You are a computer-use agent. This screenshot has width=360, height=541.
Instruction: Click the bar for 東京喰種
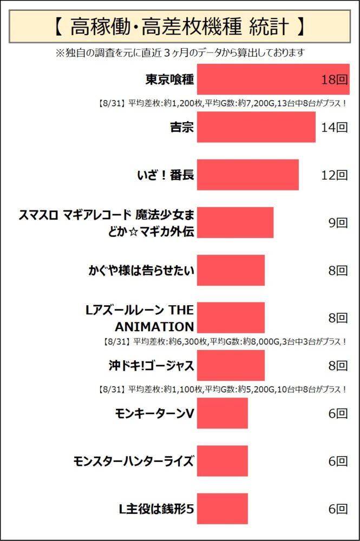[x=273, y=80]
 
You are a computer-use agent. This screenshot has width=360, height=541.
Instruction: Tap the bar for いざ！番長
[x=247, y=175]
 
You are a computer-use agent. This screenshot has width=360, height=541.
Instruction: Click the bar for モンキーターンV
[x=222, y=413]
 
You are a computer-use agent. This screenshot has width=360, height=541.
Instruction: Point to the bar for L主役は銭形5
[x=222, y=509]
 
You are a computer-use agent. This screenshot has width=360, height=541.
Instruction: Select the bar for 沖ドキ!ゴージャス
[x=231, y=365]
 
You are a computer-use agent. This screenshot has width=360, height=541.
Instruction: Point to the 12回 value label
[x=333, y=175]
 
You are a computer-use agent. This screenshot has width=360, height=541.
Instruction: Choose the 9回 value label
[x=337, y=222]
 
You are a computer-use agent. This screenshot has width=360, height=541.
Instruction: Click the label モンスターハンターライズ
[x=133, y=461]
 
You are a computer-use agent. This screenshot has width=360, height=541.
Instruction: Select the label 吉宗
[x=181, y=128]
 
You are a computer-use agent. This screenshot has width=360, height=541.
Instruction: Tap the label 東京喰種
[x=169, y=80]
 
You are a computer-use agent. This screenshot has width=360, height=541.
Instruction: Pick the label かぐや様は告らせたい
[x=141, y=270]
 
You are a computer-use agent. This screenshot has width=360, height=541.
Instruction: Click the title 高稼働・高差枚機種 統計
[x=180, y=25]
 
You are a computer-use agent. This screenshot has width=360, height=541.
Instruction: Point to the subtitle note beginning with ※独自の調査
[x=180, y=52]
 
